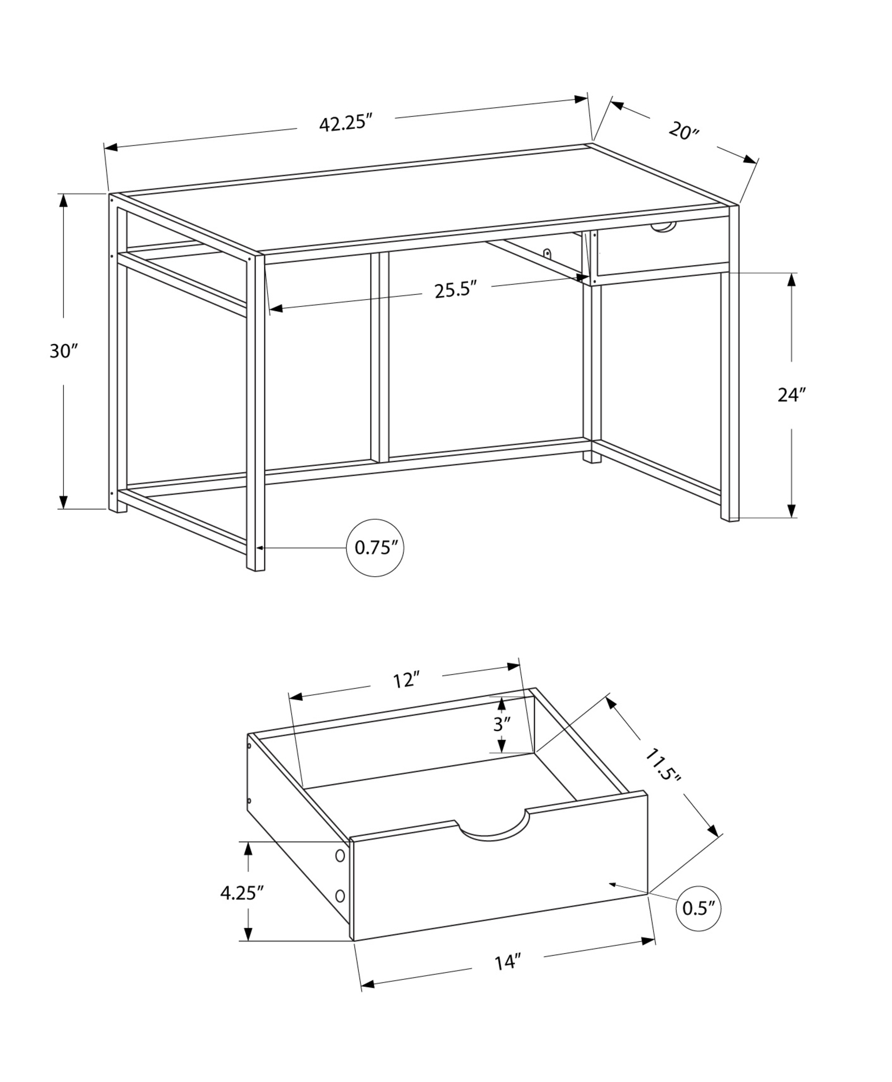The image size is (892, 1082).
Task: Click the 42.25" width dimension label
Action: click(x=346, y=123)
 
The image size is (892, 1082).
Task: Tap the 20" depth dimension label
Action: click(x=684, y=131)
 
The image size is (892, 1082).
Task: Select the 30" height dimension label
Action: click(x=64, y=351)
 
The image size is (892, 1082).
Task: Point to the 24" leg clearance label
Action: click(x=792, y=395)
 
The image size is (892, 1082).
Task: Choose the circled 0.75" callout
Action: click(x=375, y=548)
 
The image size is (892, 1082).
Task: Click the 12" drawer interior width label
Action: click(x=406, y=681)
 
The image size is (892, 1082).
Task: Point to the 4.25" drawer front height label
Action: click(x=241, y=893)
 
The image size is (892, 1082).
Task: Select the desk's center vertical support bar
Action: click(x=379, y=357)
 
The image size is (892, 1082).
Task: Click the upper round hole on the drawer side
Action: click(x=340, y=856)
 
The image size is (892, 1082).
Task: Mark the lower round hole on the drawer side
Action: click(x=340, y=896)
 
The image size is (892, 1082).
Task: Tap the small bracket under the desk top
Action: click(x=547, y=254)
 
